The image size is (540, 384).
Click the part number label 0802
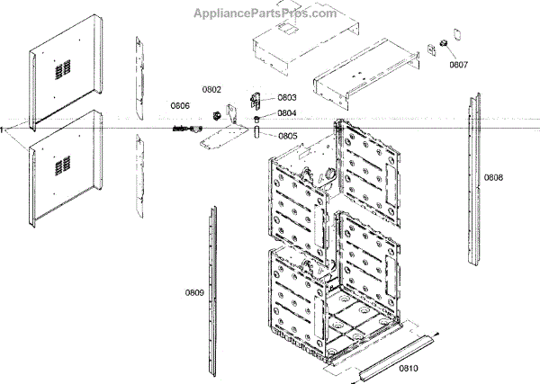(211, 90)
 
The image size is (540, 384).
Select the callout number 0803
(287, 97)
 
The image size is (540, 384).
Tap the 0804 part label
(287, 114)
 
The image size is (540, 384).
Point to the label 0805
(288, 136)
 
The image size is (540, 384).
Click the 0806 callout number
(180, 106)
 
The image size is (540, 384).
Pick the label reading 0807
(459, 65)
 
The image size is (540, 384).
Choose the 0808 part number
(493, 177)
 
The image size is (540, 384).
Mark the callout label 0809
(195, 292)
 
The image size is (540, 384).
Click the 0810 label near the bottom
(409, 370)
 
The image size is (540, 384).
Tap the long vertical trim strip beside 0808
(472, 180)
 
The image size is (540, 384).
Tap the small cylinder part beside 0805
(256, 134)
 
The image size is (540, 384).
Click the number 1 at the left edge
(3, 130)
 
